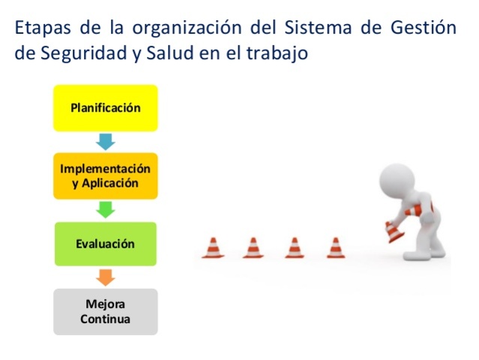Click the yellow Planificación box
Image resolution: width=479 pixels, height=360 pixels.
tap(105, 108)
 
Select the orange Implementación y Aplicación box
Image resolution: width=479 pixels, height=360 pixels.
tap(105, 176)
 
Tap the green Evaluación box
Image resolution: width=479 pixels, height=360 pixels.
tap(105, 244)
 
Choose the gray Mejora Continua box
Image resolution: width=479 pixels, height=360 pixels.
tap(105, 311)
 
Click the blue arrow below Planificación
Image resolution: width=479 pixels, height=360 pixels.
tap(105, 142)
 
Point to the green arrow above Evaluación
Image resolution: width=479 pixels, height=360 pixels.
tap(105, 210)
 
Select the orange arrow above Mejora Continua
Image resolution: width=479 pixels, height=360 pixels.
tap(105, 277)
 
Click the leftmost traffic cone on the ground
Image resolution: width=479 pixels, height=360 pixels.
tap(213, 247)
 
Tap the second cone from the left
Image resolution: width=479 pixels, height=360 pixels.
tap(253, 247)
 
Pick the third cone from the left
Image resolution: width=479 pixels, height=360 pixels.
tap(295, 247)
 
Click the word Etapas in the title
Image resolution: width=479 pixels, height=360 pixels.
tap(43, 28)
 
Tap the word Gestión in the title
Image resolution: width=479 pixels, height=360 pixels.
tap(424, 28)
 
